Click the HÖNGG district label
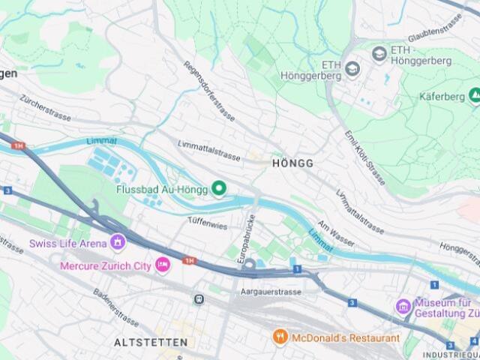click(x=292, y=163)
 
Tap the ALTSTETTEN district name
click(x=151, y=342)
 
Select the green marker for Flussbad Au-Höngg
click(x=219, y=188)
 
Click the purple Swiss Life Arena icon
click(x=117, y=242)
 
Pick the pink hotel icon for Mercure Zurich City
click(x=162, y=265)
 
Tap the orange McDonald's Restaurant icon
click(x=280, y=337)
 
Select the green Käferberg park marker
click(x=474, y=95)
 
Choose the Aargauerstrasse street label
click(x=271, y=291)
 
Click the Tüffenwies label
click(x=207, y=223)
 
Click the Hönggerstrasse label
click(x=459, y=254)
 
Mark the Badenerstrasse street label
click(x=115, y=307)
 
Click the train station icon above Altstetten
click(x=199, y=299)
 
